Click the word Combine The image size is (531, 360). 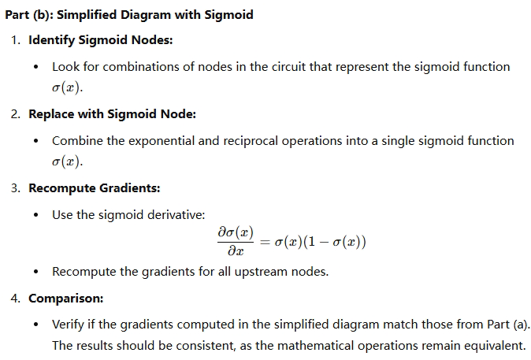pos(77,140)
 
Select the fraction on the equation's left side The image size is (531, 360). pos(230,242)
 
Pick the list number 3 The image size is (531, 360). pos(16,188)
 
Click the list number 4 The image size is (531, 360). pos(16,299)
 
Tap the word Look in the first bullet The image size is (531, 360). pos(66,67)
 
